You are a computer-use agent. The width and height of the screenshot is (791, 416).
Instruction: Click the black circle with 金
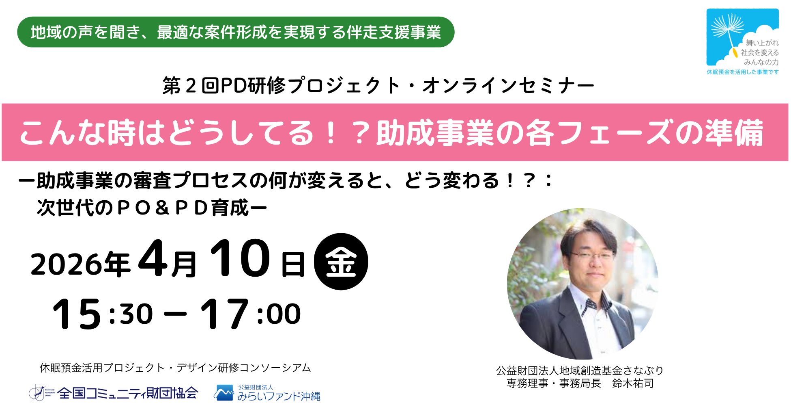coord(341,261)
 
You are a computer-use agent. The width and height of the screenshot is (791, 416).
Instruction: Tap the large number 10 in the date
coord(240,258)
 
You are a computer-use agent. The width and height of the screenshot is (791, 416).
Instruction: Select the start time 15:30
coord(103,314)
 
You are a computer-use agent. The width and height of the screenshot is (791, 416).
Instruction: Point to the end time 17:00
coord(251,314)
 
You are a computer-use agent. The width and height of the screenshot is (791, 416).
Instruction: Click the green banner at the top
coord(236,32)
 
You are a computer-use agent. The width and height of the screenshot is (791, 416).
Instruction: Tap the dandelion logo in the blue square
coord(742,37)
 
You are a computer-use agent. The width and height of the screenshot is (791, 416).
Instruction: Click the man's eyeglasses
coord(593,256)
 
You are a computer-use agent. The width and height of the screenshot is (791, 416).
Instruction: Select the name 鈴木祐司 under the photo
coord(633,383)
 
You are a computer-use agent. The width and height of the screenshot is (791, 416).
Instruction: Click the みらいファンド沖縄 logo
coord(267,393)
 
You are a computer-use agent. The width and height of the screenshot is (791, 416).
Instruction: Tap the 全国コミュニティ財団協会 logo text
coord(128,393)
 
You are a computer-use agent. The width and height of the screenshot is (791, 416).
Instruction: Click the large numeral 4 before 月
coord(153,258)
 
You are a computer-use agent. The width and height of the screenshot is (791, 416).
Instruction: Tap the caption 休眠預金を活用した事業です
coord(742,72)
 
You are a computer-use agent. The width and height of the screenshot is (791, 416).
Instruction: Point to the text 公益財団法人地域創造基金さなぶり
coord(580,370)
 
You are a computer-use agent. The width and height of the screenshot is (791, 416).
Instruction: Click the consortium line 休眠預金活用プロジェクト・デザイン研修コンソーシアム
coord(175,368)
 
